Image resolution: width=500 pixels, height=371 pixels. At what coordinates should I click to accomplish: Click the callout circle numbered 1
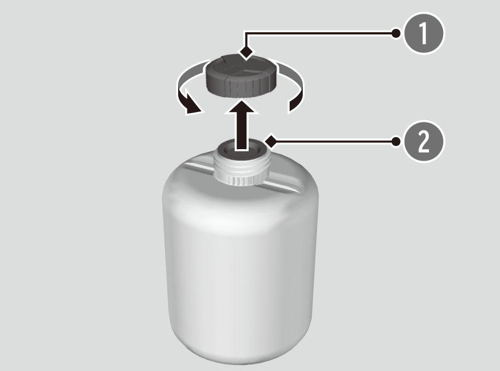(x=423, y=33)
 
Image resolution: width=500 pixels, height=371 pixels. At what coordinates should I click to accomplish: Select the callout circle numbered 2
(x=423, y=141)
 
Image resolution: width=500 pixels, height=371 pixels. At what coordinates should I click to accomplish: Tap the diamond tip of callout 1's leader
(x=246, y=51)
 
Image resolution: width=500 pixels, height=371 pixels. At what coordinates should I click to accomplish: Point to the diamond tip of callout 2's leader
(x=271, y=140)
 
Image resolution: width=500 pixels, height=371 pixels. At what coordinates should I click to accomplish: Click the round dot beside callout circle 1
(x=396, y=33)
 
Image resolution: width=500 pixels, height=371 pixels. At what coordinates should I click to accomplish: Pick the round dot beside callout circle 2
(x=396, y=141)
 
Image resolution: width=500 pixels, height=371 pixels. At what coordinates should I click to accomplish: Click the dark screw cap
(x=241, y=76)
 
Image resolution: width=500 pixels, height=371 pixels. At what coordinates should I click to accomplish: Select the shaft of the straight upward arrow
(x=241, y=131)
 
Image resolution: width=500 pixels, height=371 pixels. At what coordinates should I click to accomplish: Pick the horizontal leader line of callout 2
(x=333, y=141)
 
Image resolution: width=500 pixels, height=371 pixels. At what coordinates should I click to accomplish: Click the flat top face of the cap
(x=241, y=66)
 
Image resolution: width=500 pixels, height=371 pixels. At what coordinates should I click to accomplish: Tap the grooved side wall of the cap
(x=241, y=87)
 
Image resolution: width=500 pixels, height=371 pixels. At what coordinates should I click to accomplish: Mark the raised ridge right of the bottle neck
(x=285, y=185)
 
